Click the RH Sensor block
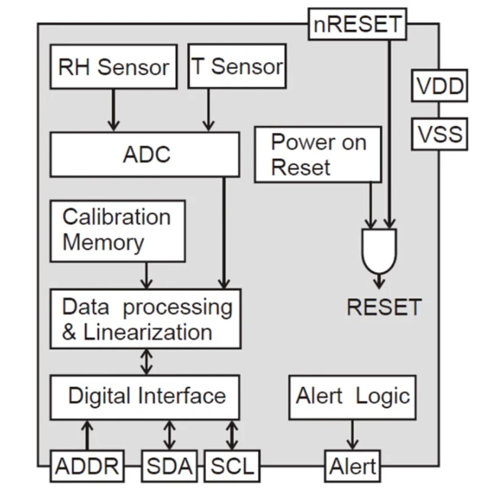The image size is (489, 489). [113, 66]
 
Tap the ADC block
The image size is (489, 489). [145, 154]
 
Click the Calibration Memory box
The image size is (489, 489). [117, 230]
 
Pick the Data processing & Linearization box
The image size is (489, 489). [145, 319]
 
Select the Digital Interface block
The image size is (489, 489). [145, 397]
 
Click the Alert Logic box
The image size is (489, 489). [352, 397]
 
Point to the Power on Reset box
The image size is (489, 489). [317, 155]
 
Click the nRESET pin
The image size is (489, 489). [357, 25]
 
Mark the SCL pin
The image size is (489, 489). [232, 466]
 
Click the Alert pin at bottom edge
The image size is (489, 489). [353, 466]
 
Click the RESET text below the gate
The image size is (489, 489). [384, 307]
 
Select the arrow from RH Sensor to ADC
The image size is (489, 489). [113, 109]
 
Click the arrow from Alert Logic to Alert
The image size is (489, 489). [353, 435]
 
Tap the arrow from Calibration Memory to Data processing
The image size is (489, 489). [145, 275]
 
